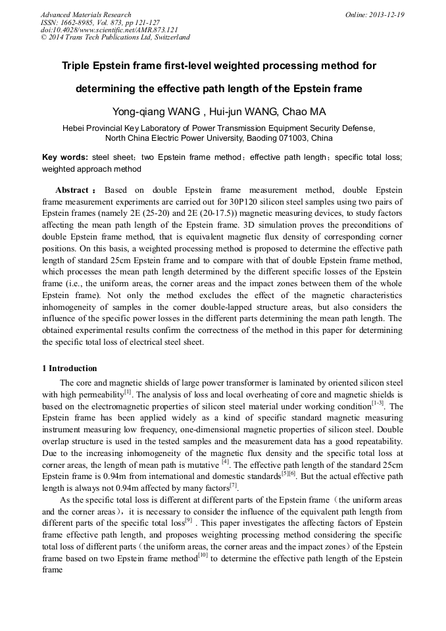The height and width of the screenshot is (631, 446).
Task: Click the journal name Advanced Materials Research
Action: click(86, 14)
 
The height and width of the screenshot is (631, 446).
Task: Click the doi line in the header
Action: click(109, 30)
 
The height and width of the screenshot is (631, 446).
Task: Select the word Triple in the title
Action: click(78, 66)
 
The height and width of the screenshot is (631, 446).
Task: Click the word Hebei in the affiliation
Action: click(74, 128)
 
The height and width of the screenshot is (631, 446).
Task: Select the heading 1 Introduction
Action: click(69, 368)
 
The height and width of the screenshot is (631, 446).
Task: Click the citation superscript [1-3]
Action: click(378, 403)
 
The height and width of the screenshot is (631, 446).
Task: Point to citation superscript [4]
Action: click(226, 463)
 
